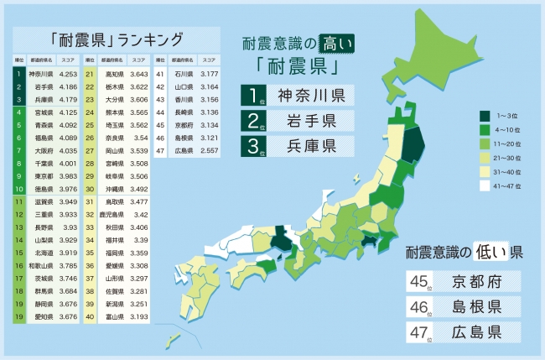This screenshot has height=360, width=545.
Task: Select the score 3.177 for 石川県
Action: pyautogui.click(x=208, y=74)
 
